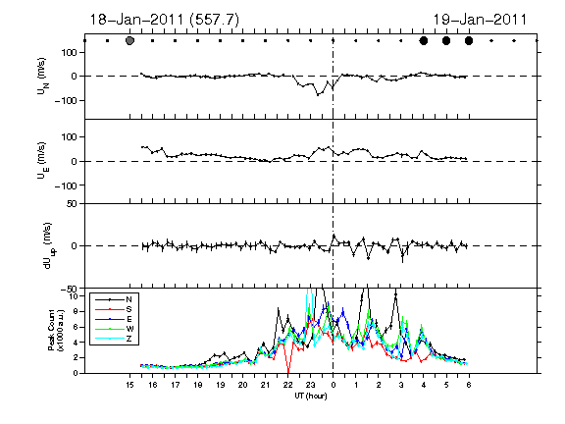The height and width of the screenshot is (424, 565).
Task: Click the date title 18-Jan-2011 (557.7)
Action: pyautogui.click(x=164, y=20)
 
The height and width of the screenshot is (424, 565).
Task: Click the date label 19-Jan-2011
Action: pyautogui.click(x=480, y=20)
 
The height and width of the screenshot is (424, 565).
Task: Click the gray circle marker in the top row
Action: pyautogui.click(x=130, y=41)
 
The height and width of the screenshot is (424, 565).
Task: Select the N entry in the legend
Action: pyautogui.click(x=114, y=299)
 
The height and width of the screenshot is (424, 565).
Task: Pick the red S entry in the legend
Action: pyautogui.click(x=114, y=309)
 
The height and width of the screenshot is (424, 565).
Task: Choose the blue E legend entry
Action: pyautogui.click(x=114, y=319)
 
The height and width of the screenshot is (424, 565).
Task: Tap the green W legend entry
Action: pyautogui.click(x=114, y=329)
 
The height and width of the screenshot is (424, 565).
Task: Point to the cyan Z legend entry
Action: pyautogui.click(x=114, y=339)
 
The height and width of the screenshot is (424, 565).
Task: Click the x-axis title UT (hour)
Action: pyautogui.click(x=311, y=396)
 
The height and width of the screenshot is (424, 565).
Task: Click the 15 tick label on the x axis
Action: pyautogui.click(x=130, y=385)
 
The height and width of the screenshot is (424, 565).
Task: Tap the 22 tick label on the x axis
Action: pyautogui.click(x=288, y=385)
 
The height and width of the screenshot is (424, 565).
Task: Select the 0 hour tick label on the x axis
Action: pyautogui.click(x=334, y=385)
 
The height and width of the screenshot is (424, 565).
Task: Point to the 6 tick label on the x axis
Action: pyautogui.click(x=469, y=385)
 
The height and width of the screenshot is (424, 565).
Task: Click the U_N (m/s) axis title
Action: pyautogui.click(x=42, y=77)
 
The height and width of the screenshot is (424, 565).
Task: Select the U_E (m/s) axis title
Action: pyautogui.click(x=42, y=161)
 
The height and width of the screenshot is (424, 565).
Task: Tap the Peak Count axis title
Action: pyautogui.click(x=56, y=330)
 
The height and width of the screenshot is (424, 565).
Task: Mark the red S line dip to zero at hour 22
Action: pyautogui.click(x=288, y=371)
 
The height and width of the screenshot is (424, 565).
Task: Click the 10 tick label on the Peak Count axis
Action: pyautogui.click(x=75, y=296)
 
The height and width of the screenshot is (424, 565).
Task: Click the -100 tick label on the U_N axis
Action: pyautogui.click(x=66, y=100)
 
